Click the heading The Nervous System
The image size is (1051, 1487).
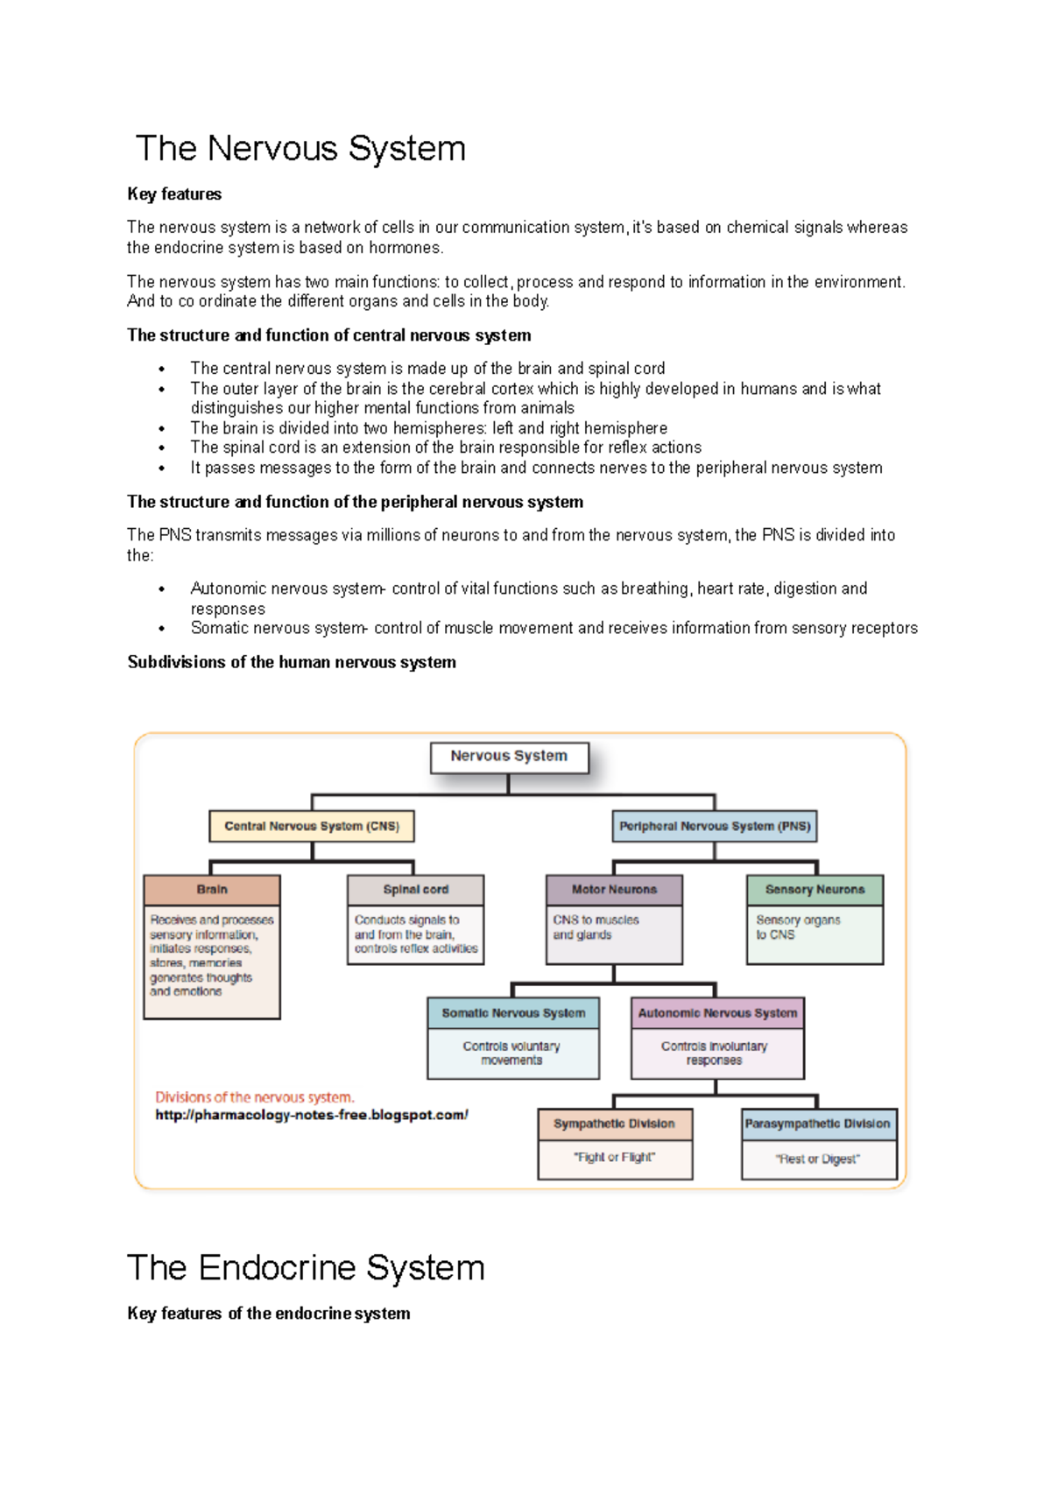point(300,149)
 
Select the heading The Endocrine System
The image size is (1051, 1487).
point(306,1267)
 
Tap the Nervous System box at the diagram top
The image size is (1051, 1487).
point(509,757)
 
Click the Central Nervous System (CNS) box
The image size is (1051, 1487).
point(311,826)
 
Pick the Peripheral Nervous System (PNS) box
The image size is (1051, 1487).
point(715,826)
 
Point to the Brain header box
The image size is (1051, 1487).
point(212,890)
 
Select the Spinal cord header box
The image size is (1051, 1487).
point(415,890)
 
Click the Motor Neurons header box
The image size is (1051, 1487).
point(614,890)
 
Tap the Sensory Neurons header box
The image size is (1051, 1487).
point(815,890)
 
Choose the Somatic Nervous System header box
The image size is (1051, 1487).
point(513,1013)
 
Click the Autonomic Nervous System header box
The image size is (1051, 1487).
point(717,1013)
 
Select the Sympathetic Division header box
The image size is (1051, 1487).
point(614,1124)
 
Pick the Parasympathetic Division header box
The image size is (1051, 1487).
point(818,1124)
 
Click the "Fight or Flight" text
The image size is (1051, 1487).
point(614,1158)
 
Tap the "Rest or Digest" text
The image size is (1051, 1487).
point(818,1159)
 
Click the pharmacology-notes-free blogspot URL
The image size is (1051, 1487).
point(311,1115)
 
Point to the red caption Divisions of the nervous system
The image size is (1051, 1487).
point(255,1097)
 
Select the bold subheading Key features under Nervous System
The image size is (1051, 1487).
point(174,194)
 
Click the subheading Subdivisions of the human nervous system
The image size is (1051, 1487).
point(292,662)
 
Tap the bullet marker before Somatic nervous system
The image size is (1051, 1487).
point(162,629)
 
